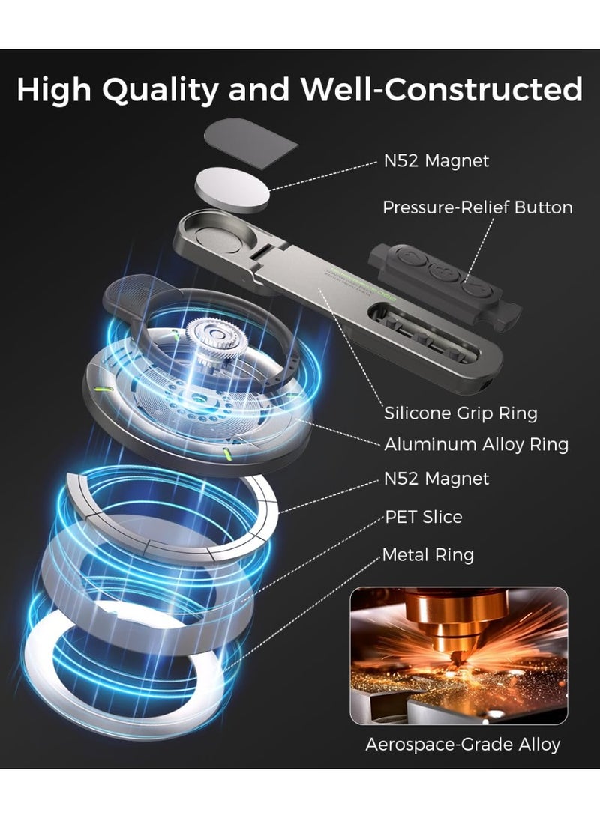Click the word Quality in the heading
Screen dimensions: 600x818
(159, 89)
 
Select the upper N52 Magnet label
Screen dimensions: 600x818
(436, 160)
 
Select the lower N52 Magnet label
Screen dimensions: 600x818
(436, 479)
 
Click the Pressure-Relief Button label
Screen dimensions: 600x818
(477, 207)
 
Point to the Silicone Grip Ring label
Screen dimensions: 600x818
(460, 413)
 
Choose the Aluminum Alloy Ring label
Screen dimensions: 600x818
(476, 444)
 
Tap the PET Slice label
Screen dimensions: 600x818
(424, 517)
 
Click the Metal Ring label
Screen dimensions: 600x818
(427, 555)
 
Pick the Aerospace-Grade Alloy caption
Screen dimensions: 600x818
(463, 744)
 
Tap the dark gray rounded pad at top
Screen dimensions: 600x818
(250, 144)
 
